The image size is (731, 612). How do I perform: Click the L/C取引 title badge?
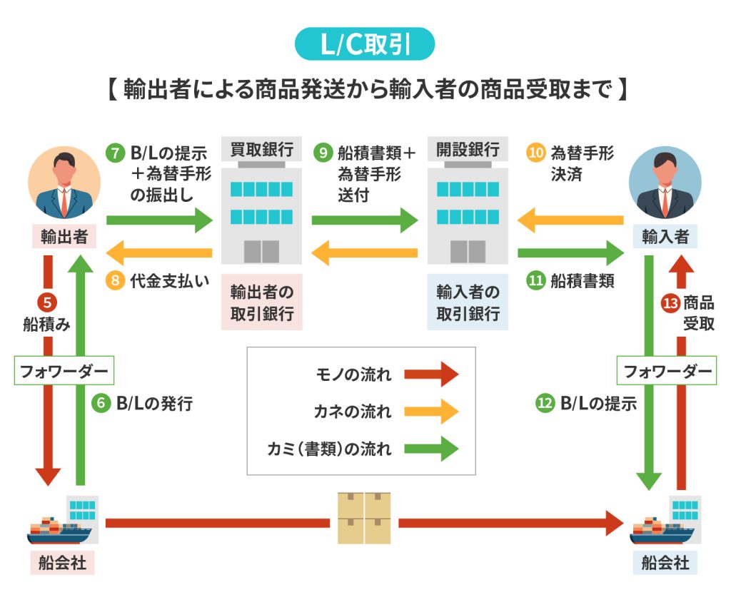(x=365, y=44)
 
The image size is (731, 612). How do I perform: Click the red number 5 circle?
(x=46, y=302)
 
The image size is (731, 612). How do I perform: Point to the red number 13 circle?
(x=670, y=302)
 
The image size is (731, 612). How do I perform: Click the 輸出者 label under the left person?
(x=64, y=236)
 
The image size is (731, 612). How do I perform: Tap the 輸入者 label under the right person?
(x=665, y=236)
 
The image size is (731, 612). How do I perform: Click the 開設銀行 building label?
(x=468, y=150)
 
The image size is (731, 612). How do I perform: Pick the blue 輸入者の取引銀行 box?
(x=468, y=302)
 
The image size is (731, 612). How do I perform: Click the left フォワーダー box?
(x=65, y=371)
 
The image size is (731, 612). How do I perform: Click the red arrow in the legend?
(x=430, y=374)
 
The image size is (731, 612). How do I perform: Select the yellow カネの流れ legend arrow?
(x=430, y=411)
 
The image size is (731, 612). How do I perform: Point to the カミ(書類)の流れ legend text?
(x=329, y=449)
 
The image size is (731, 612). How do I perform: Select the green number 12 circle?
(x=545, y=403)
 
